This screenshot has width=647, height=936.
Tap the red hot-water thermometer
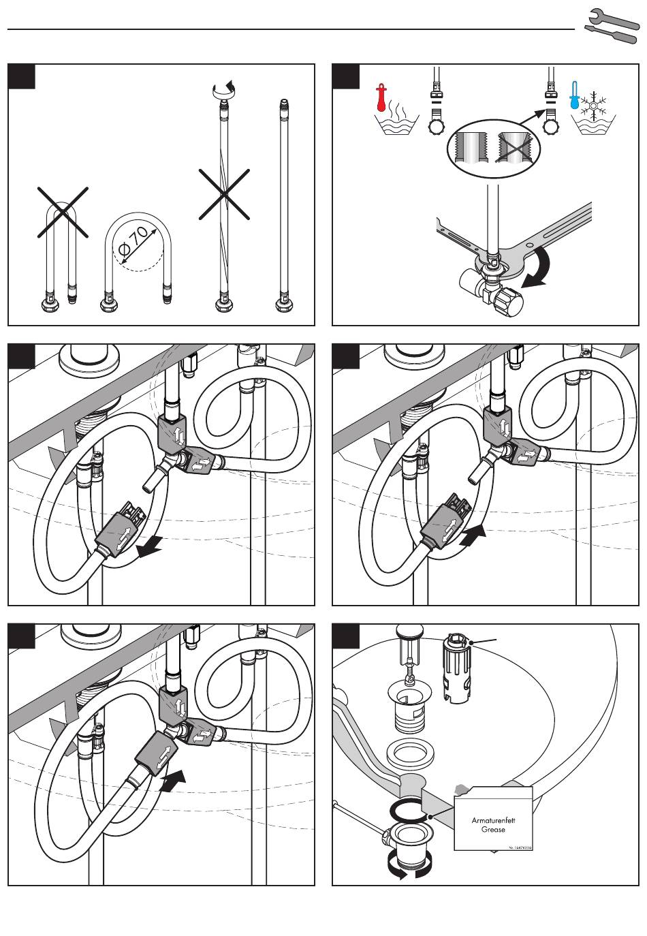point(381,99)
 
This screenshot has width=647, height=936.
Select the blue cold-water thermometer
point(575,99)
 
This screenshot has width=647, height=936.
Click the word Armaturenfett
point(493,820)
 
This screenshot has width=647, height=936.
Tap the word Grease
point(493,830)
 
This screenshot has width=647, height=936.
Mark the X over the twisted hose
point(224,194)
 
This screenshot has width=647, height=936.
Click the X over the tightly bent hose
point(62,211)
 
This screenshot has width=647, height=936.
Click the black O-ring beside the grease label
point(410,811)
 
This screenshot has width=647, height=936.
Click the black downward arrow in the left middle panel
point(150,546)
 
